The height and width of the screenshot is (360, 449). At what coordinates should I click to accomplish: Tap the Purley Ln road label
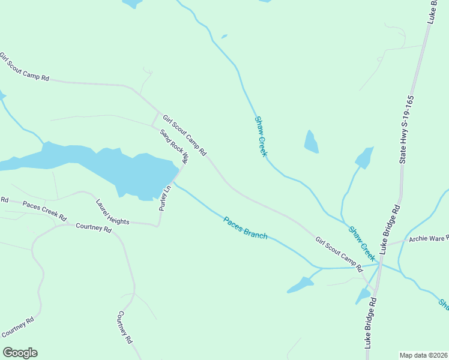(165, 197)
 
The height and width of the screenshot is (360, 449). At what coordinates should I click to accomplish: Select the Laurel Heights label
(112, 212)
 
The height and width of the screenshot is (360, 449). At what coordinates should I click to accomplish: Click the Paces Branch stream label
(245, 228)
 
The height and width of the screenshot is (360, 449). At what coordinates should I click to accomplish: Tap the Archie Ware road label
(428, 239)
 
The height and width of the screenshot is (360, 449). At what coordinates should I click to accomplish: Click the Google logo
(20, 353)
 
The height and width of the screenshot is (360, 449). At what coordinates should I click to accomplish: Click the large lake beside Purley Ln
(120, 168)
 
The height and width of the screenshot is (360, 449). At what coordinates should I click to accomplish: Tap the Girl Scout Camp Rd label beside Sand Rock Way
(184, 135)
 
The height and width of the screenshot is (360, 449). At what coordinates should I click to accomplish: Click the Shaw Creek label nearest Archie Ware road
(362, 243)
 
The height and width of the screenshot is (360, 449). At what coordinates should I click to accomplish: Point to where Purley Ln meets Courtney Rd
(158, 226)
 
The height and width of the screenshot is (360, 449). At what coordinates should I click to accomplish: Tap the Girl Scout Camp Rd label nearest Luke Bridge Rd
(339, 252)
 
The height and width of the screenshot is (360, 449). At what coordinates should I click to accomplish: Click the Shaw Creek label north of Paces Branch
(261, 136)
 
